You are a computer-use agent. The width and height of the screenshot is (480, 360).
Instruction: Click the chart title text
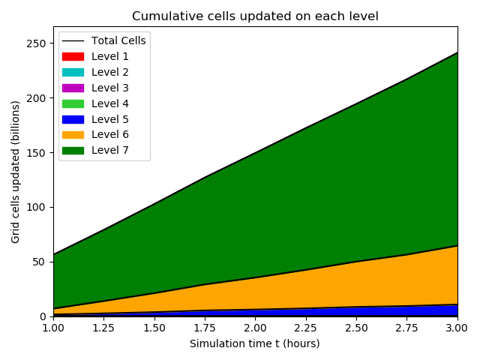point(255,16)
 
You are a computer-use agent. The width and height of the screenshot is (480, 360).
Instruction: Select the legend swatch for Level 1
point(73,56)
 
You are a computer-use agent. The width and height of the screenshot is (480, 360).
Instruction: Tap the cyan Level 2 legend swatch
point(73,72)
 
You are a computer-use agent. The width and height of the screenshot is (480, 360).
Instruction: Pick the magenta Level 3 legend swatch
point(73,88)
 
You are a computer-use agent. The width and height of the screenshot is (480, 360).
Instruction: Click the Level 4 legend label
point(110,103)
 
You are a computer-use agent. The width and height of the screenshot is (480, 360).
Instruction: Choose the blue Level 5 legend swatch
point(73,119)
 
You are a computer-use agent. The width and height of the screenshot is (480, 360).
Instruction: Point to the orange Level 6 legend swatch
point(73,135)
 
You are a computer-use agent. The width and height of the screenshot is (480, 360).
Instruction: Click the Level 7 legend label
point(110,151)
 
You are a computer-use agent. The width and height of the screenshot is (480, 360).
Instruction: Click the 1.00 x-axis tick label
point(53,328)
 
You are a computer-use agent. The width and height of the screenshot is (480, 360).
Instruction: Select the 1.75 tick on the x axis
point(205,328)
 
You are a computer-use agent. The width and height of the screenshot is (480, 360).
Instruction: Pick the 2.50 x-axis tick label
point(356,328)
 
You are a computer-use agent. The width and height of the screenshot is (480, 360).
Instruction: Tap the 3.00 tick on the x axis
point(457,328)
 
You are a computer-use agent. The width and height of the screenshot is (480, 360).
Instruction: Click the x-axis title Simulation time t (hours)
point(255,343)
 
